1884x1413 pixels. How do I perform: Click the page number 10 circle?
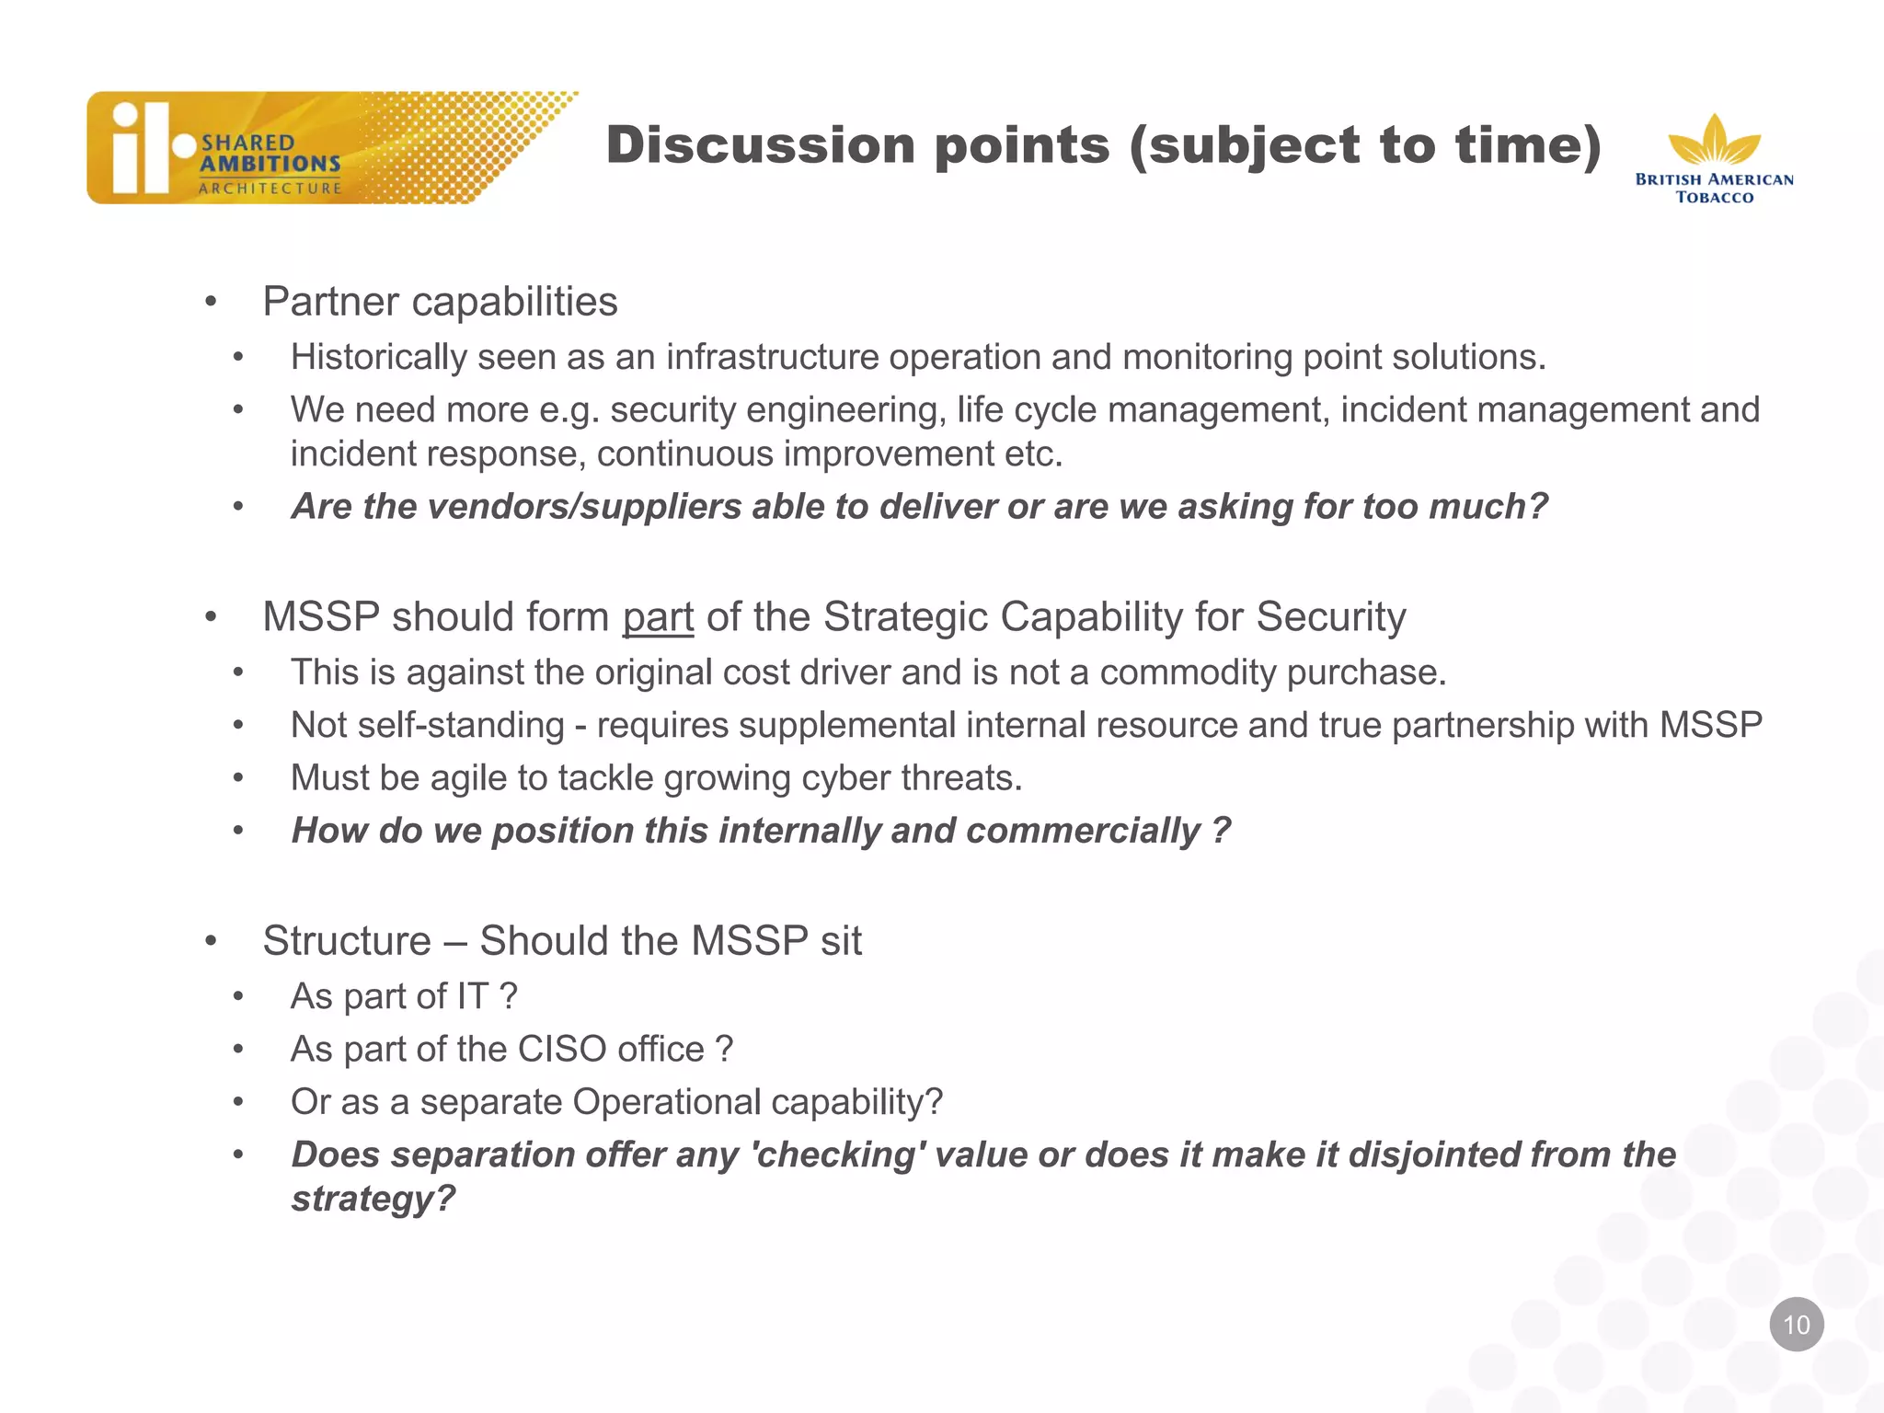pyautogui.click(x=1796, y=1324)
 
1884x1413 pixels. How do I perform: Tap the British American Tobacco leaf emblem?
pyautogui.click(x=1714, y=142)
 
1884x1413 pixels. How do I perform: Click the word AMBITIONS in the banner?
pyautogui.click(x=270, y=164)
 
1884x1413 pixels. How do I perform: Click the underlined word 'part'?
pyautogui.click(x=658, y=617)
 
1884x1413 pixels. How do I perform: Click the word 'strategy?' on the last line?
pyautogui.click(x=373, y=1199)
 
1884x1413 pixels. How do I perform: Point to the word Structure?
pyautogui.click(x=346, y=941)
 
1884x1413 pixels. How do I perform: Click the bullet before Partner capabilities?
pyautogui.click(x=211, y=302)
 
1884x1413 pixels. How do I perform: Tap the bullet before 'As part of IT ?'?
pyautogui.click(x=238, y=996)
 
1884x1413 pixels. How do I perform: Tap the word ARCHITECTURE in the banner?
pyautogui.click(x=270, y=189)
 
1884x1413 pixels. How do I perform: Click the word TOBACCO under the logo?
pyautogui.click(x=1714, y=197)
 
